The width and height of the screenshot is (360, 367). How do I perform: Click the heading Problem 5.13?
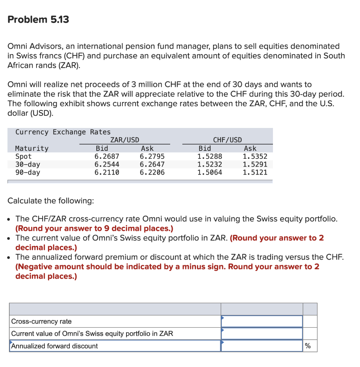point(38,19)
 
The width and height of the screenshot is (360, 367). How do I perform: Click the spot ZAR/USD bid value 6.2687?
point(107,157)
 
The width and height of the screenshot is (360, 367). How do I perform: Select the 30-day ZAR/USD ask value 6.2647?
point(152,165)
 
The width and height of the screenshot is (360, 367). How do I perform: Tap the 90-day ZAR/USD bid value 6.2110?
point(107,172)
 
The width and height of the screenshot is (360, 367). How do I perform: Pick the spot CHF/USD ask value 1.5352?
point(255,157)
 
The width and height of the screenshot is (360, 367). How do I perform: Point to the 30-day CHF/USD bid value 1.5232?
point(210,165)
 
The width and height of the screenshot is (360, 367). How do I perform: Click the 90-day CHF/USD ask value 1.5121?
point(255,172)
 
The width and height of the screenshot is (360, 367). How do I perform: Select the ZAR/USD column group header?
point(124,140)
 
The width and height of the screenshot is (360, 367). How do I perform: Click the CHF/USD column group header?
point(227,140)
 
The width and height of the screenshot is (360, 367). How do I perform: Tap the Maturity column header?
point(32,148)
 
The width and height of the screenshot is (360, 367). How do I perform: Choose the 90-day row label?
point(28,172)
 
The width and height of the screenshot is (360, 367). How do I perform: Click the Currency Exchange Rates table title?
point(63,132)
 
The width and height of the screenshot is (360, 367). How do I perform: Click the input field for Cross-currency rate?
point(261,321)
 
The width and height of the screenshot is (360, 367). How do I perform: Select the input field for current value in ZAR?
point(261,334)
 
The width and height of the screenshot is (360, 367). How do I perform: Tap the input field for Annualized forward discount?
point(261,346)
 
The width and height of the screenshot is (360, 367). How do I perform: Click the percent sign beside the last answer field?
point(308,346)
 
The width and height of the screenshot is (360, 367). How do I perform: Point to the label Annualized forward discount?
point(54,346)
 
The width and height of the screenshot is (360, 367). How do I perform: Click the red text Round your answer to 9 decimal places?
point(94,228)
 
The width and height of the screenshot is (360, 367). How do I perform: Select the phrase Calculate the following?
point(51,201)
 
